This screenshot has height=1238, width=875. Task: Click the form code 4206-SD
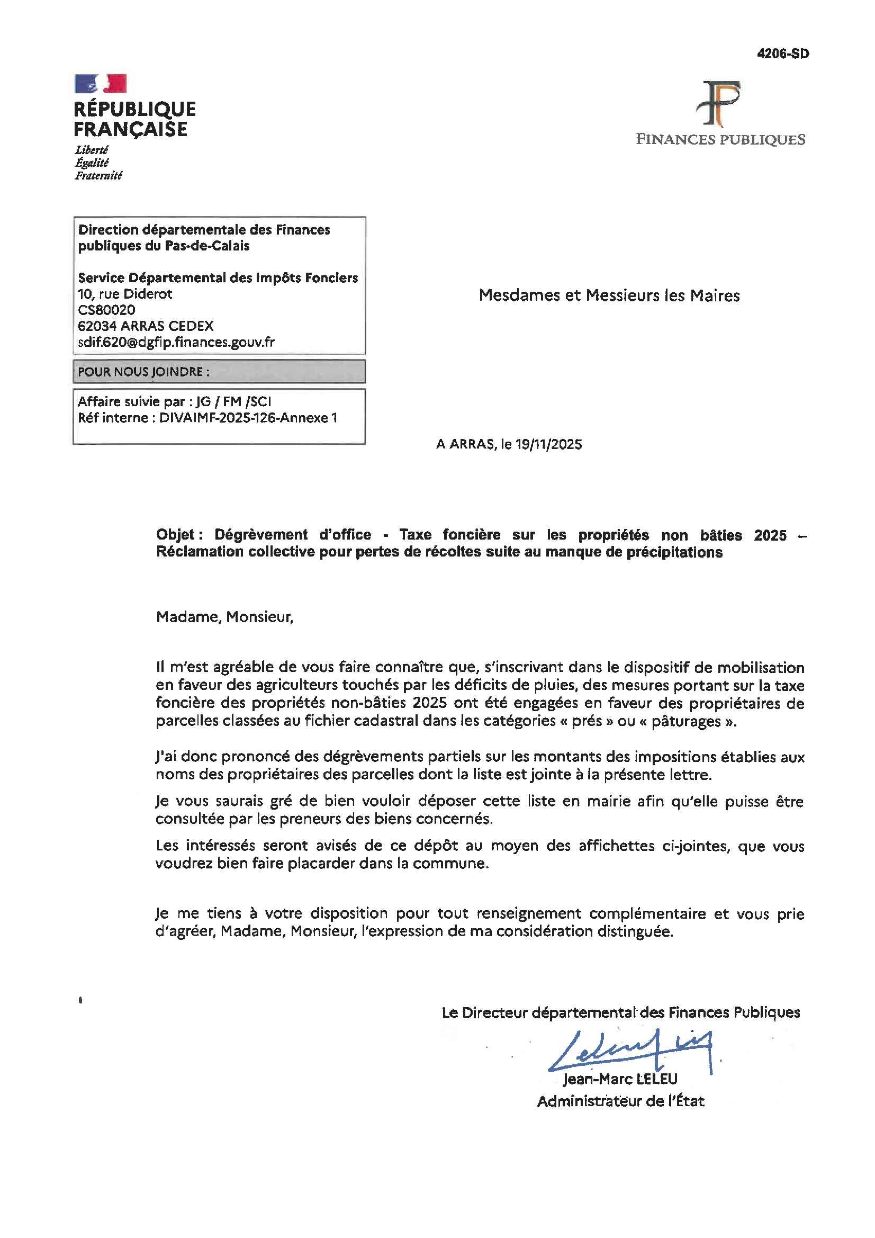[x=782, y=54]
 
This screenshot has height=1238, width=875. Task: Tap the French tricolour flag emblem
[x=101, y=84]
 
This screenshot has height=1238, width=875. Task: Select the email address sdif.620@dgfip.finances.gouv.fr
[x=176, y=342]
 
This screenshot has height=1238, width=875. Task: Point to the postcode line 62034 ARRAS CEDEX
[x=146, y=326]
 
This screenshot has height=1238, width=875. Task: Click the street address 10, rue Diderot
[x=124, y=294]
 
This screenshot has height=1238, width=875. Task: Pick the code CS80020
[x=106, y=310]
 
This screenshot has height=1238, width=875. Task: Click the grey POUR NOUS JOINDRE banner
[x=219, y=372]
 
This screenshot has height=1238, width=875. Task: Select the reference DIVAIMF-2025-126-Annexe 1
[x=248, y=417]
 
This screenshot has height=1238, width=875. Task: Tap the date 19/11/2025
[x=548, y=444]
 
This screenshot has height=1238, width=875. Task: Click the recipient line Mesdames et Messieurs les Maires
[x=609, y=295]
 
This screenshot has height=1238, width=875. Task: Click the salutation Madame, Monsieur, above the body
[x=224, y=616]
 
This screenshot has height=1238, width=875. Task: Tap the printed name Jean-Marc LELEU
[x=620, y=1079]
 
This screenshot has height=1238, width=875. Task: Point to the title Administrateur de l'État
[x=620, y=1101]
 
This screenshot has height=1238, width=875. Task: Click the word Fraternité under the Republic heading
[x=98, y=175]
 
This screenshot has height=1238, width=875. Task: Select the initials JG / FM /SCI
[x=233, y=401]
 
